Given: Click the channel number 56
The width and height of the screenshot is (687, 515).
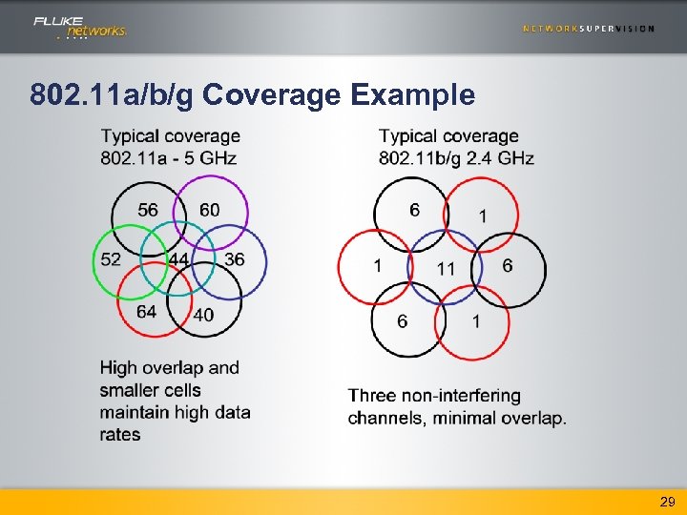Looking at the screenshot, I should point(148,210).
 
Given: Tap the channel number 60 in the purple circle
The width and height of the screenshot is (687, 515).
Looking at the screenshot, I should point(210,210).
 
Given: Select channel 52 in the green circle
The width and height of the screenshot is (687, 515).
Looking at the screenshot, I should point(111,259).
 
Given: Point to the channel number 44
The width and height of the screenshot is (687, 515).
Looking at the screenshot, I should point(178,259).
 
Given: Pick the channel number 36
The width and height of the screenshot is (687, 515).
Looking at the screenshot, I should point(234,259).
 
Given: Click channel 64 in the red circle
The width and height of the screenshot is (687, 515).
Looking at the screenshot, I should point(146,312).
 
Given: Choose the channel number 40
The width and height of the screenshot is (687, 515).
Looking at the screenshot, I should point(203,315).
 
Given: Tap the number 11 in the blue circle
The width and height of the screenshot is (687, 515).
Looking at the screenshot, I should point(446,269).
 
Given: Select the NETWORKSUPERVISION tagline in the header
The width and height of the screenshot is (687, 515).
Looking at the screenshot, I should point(589,29).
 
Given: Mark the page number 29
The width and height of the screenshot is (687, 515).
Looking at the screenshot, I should point(668,501).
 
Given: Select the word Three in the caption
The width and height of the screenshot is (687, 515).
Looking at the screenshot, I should point(374,396).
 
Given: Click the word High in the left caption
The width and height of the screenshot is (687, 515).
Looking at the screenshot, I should point(119,368).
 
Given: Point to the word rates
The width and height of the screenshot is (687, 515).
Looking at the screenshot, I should point(120,435).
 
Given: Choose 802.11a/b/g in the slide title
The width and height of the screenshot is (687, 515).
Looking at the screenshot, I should point(113,95).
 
